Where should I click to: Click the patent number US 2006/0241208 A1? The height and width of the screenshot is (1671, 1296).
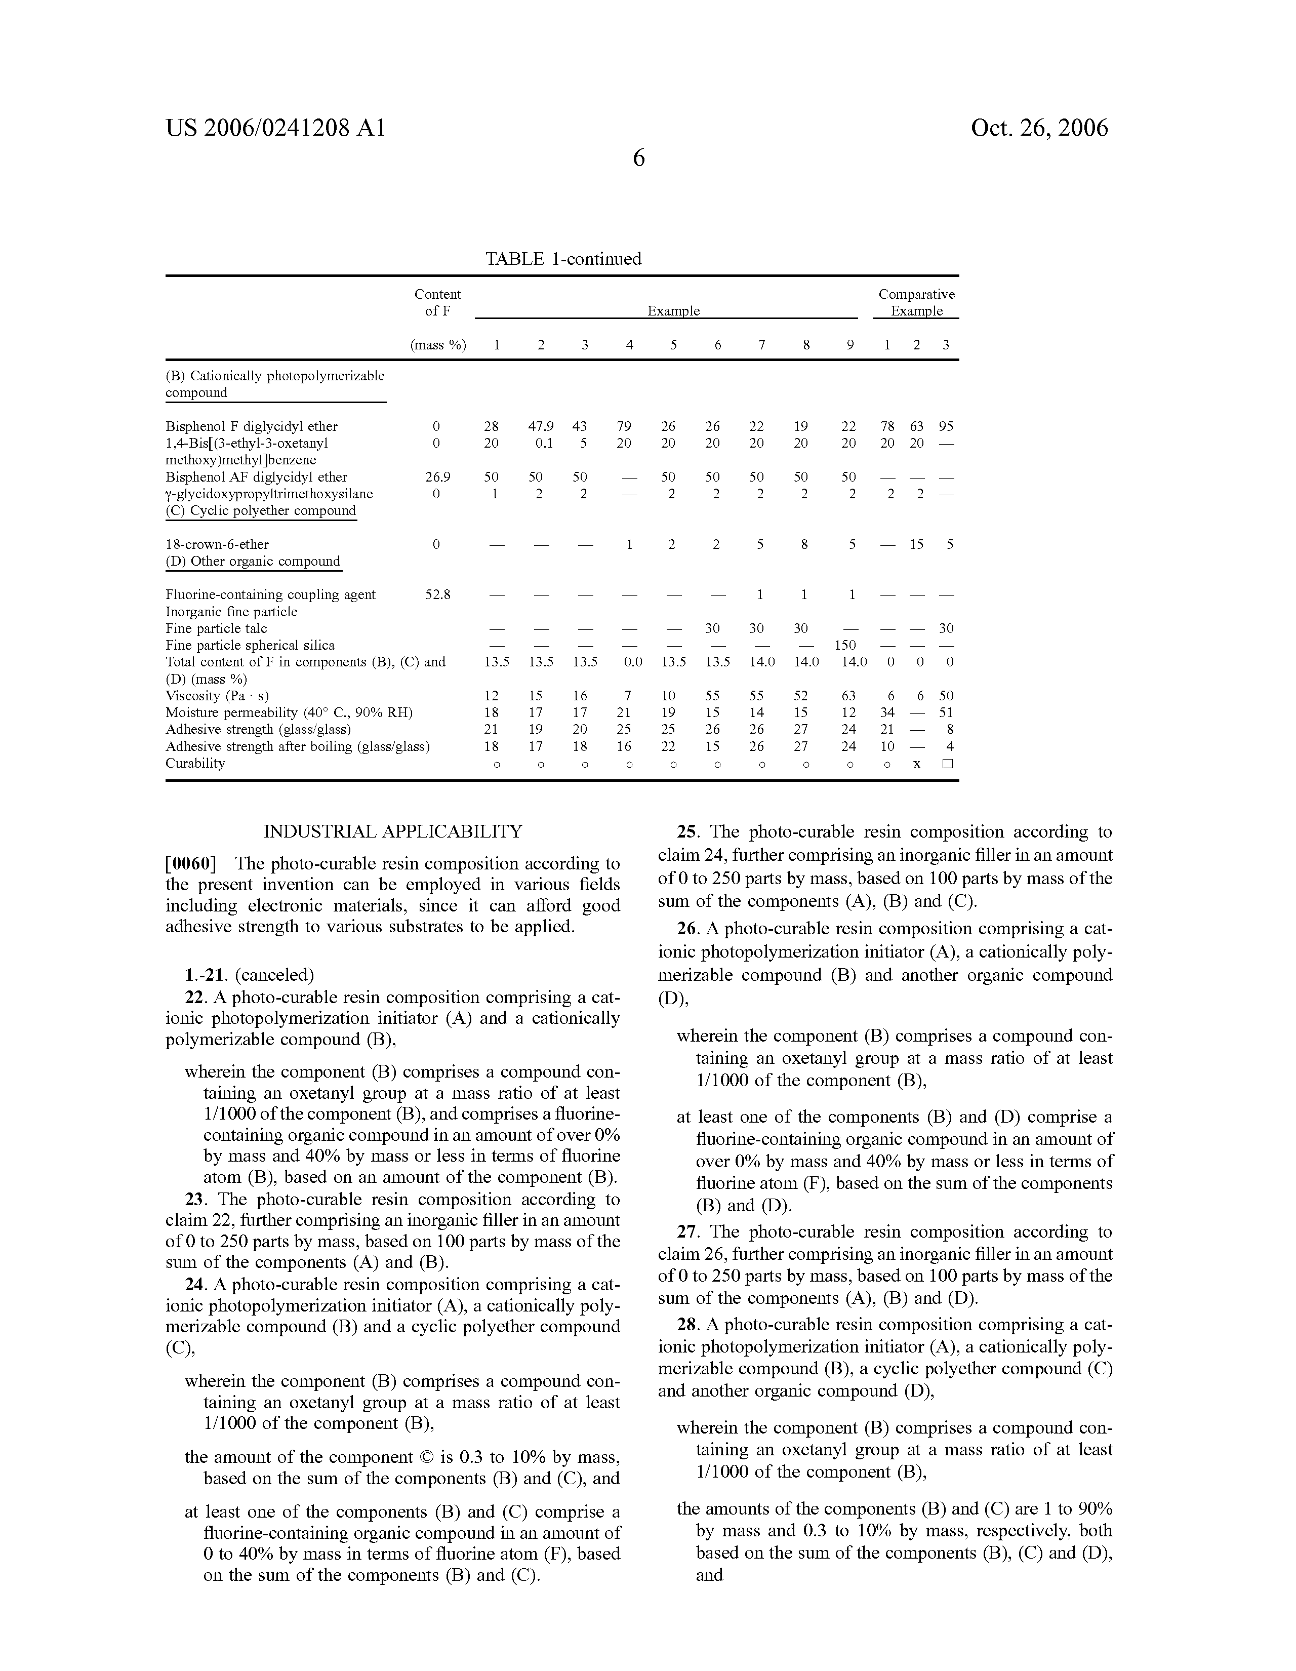(275, 128)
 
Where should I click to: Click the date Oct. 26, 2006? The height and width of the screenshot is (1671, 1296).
(1039, 128)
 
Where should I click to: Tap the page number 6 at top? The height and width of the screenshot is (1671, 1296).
(639, 158)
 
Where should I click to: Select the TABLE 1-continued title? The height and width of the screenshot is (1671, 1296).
(563, 259)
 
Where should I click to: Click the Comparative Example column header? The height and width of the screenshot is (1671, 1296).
(916, 303)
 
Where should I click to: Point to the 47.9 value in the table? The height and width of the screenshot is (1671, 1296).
(541, 426)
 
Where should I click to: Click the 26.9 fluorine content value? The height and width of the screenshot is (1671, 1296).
(437, 476)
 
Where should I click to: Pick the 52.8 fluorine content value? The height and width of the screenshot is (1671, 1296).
(437, 594)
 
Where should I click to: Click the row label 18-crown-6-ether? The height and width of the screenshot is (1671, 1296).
(217, 544)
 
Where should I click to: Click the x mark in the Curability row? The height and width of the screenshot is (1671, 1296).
(916, 764)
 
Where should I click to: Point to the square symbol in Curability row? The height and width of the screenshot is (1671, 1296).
(947, 764)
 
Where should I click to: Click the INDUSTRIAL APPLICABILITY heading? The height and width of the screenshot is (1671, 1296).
(393, 831)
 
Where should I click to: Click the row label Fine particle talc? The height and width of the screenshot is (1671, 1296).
(217, 628)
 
